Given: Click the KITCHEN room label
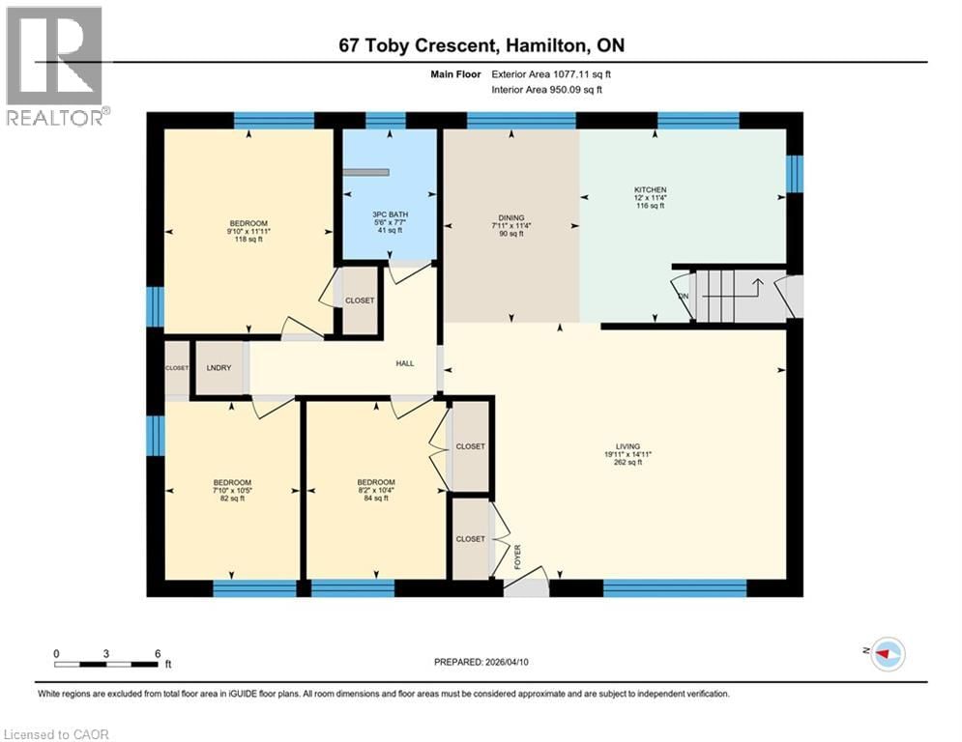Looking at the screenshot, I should point(650,190).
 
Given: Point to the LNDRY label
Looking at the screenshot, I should point(219,368).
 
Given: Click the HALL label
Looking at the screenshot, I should point(404,363).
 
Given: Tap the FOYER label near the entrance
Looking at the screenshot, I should point(517,556).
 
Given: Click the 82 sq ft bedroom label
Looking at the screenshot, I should point(232,483).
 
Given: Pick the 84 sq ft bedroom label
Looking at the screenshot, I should point(375,483).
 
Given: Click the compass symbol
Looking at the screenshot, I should point(887,654).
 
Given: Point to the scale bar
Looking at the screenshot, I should point(106,663).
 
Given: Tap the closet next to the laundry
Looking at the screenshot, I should point(177,368).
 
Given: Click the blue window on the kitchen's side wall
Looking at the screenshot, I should point(795,174).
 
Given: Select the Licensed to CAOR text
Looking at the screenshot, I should point(57,734).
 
